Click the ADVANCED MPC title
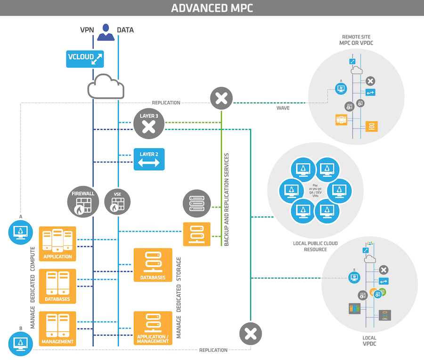(x=212, y=8)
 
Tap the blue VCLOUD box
(x=85, y=58)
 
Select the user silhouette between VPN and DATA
(x=106, y=32)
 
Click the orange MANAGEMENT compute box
(x=57, y=328)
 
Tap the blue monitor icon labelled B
(x=21, y=343)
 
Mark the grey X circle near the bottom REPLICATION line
(x=251, y=334)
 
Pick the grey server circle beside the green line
(x=196, y=202)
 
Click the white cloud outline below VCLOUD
(x=106, y=88)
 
